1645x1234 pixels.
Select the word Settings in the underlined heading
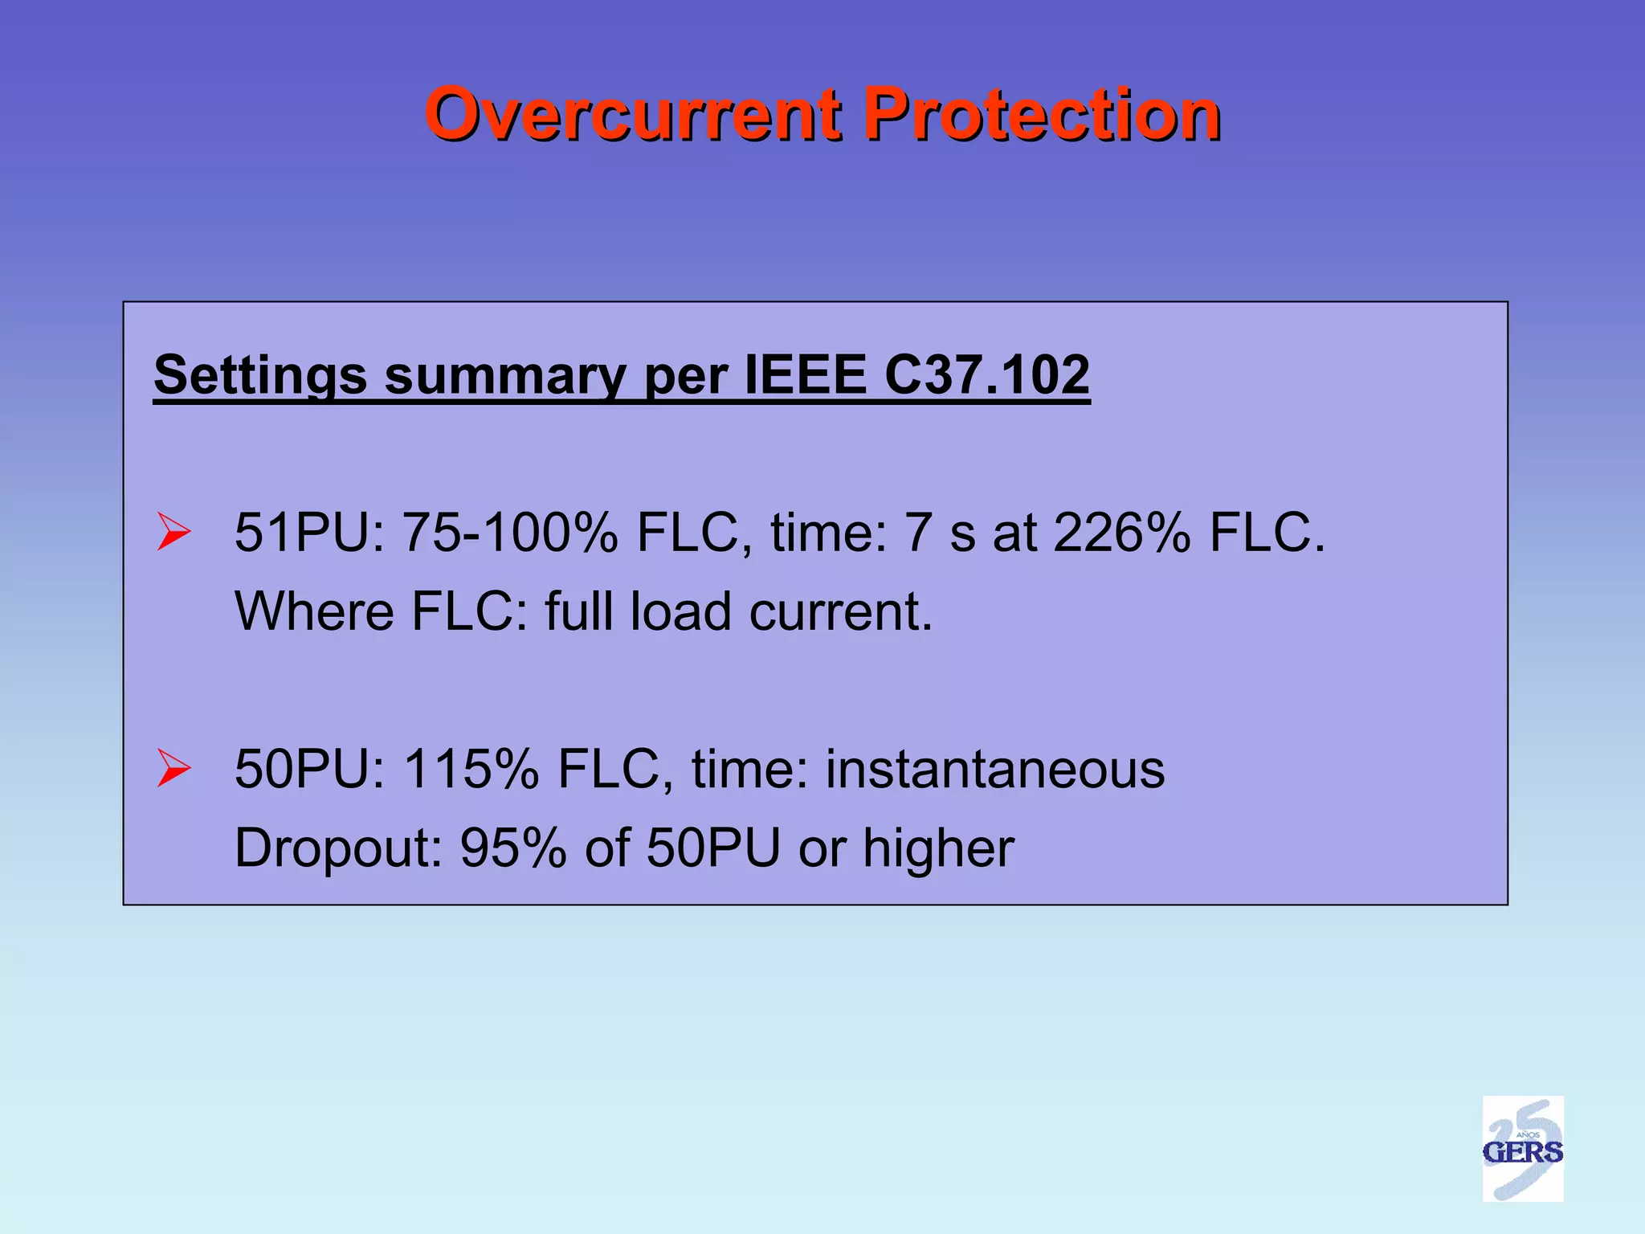(259, 376)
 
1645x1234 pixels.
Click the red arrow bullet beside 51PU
(173, 532)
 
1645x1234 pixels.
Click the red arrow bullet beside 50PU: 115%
(173, 768)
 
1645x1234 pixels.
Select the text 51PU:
(310, 533)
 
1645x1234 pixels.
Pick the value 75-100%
(511, 533)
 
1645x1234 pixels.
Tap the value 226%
(1121, 533)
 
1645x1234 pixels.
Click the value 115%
(471, 769)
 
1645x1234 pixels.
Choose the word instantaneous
(995, 769)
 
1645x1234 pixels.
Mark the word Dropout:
(338, 848)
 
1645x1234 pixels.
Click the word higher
(938, 848)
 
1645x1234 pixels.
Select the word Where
(314, 611)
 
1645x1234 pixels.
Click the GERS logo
(1522, 1149)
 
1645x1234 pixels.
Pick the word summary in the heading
(504, 376)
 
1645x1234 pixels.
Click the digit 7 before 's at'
(918, 533)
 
